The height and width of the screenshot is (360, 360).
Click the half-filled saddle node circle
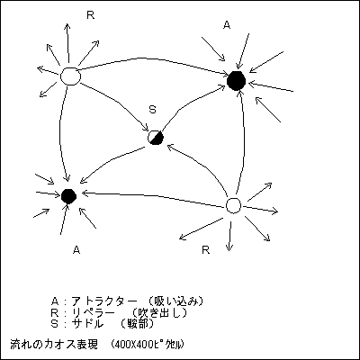click(x=156, y=138)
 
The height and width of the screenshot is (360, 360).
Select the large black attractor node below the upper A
click(x=237, y=81)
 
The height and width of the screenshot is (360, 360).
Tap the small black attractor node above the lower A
click(x=68, y=196)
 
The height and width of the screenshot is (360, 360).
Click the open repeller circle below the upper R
click(x=70, y=76)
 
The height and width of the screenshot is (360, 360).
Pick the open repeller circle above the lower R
click(x=233, y=205)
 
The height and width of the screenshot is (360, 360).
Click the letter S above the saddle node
click(x=153, y=110)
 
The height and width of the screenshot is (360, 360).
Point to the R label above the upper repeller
click(x=90, y=15)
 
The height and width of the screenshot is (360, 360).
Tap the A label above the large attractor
click(x=227, y=25)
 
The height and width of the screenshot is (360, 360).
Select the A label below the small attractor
click(x=76, y=249)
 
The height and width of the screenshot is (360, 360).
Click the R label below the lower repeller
click(x=206, y=249)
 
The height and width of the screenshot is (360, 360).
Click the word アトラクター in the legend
click(x=104, y=301)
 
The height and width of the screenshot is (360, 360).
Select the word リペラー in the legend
click(x=94, y=312)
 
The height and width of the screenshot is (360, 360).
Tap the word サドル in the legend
click(x=87, y=324)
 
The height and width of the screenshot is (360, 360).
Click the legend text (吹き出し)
click(x=160, y=312)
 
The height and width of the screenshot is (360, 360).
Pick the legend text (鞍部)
click(x=138, y=324)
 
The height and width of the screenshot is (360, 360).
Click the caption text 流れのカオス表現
click(x=54, y=345)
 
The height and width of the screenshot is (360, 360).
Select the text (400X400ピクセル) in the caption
click(x=147, y=345)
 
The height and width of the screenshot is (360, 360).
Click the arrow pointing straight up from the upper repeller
click(x=67, y=42)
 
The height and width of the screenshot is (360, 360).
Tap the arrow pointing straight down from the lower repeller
click(x=229, y=236)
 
